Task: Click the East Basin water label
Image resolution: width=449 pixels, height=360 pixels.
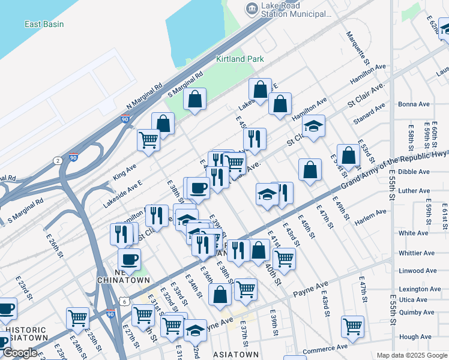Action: pos(44,24)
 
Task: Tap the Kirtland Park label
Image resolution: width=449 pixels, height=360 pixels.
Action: pos(240,59)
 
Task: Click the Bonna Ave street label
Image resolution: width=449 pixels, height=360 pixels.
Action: pos(414,104)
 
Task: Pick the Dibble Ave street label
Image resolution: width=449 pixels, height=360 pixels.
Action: pos(414,172)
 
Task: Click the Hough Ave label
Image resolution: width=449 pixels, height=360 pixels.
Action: pos(416,337)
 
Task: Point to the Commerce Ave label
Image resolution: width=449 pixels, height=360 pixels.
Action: pos(325,347)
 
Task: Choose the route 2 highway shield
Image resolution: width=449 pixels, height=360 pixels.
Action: pos(57,160)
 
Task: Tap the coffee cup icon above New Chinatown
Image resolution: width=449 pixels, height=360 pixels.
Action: pos(128,259)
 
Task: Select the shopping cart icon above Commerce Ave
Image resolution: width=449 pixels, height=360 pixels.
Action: pos(352,326)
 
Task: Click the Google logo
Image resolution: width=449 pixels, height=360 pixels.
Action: pos(20,353)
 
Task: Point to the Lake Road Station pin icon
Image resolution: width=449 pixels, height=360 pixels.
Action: pos(251,8)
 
